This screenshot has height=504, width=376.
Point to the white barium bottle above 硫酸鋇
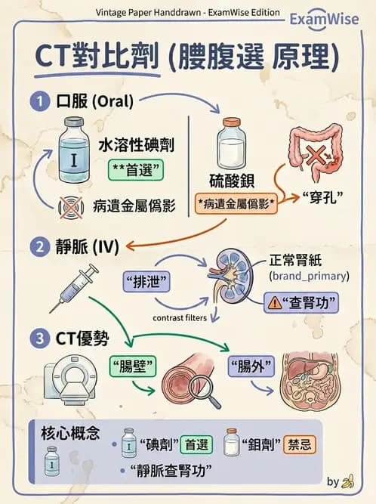[230, 146]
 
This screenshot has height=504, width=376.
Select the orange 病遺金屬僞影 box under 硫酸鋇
[235, 204]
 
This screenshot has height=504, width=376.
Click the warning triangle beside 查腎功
[275, 304]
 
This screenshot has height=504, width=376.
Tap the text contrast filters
[180, 318]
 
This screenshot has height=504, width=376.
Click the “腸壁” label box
[133, 367]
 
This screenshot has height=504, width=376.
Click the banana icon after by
[347, 481]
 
